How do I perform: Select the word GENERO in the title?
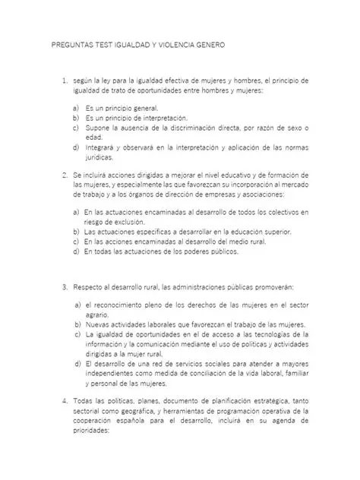tap(208, 46)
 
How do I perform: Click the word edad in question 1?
tap(93, 138)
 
